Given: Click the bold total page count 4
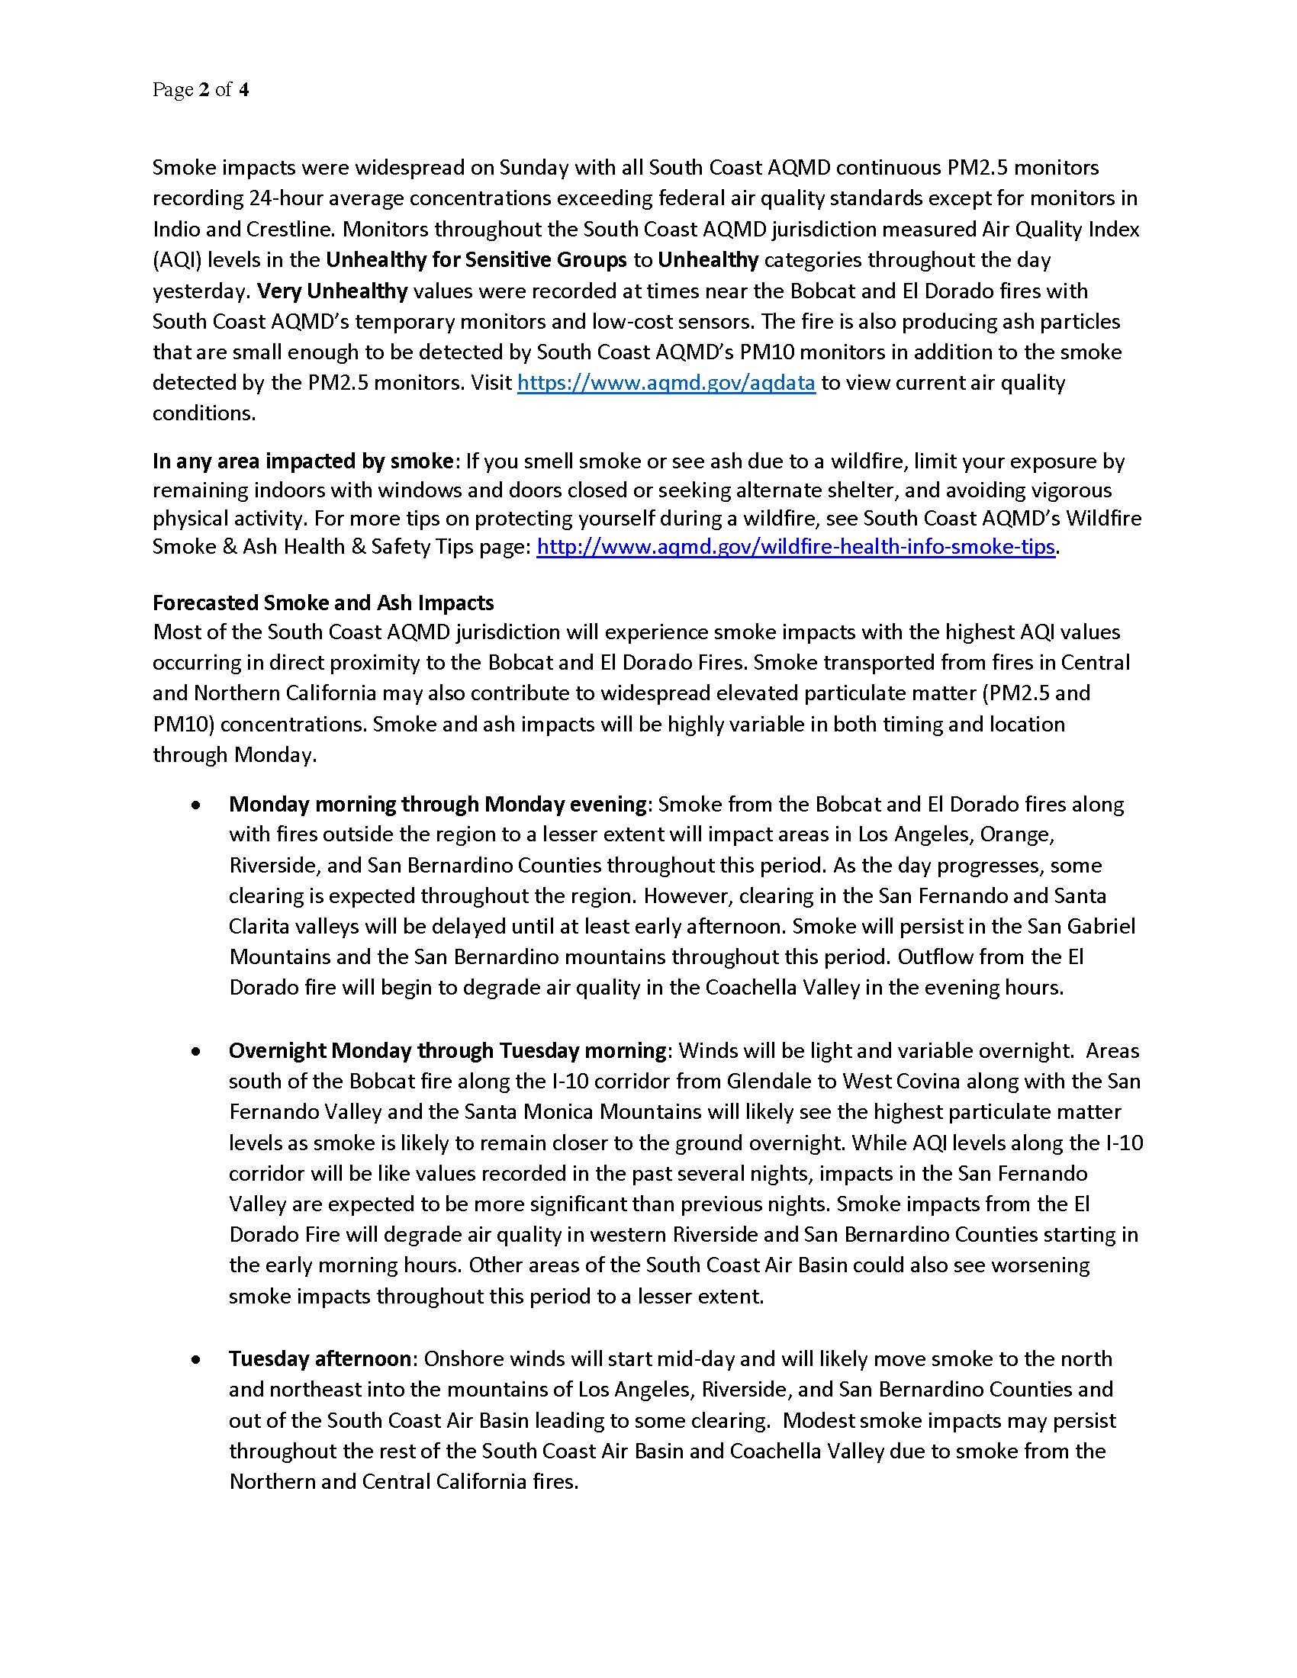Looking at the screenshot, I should pos(243,90).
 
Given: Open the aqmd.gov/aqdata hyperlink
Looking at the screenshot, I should pos(665,383).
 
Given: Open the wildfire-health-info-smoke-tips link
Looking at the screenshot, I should pos(795,547).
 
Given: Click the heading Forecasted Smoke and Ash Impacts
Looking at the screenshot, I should pos(323,603).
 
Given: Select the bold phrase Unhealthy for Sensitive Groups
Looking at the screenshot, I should pos(476,259).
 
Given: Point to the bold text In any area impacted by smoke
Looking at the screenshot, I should pos(303,461).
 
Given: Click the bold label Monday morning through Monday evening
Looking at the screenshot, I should pos(438,804).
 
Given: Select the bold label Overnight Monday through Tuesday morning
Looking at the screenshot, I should pos(448,1050).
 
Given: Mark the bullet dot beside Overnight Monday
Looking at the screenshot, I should pos(198,1051).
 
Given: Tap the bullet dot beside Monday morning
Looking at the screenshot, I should pos(198,805).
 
